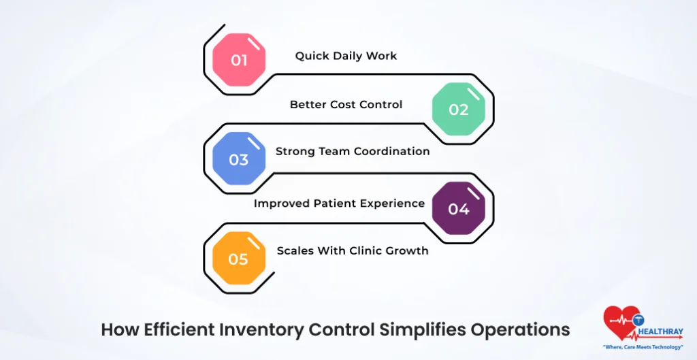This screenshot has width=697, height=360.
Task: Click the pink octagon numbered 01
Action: (238, 60)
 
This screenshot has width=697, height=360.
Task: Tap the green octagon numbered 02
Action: (459, 110)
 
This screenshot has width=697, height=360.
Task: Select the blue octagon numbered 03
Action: (238, 159)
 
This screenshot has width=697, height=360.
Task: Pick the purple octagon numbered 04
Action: (459, 209)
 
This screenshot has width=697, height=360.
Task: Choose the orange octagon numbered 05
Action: (238, 259)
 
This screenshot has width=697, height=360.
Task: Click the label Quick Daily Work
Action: (346, 56)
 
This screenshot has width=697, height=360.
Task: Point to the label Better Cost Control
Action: (346, 105)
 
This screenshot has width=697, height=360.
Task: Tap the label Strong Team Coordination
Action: (353, 151)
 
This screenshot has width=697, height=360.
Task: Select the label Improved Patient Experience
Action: (339, 203)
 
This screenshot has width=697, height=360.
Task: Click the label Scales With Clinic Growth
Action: (353, 250)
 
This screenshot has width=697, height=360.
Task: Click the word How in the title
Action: (118, 329)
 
